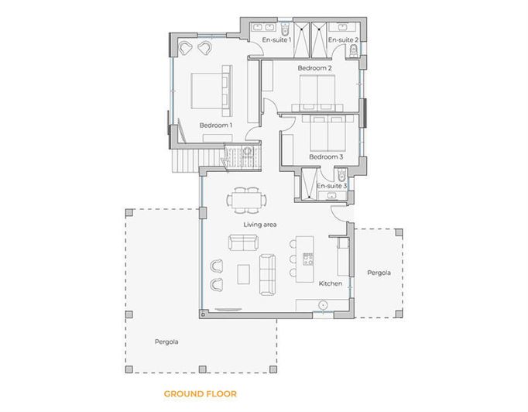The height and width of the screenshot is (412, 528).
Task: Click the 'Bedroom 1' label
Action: [x=215, y=125]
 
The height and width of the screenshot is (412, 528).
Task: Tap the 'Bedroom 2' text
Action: [x=315, y=68]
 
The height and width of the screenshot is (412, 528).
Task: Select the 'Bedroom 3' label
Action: [x=326, y=157]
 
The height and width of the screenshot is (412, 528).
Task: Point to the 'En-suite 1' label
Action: [x=277, y=39]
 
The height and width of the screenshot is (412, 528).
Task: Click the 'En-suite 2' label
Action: [x=342, y=39]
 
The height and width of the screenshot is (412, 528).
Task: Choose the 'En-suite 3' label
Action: [x=332, y=186]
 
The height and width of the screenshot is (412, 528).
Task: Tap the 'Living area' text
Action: [x=260, y=225]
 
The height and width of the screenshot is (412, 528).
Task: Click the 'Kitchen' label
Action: [x=331, y=283]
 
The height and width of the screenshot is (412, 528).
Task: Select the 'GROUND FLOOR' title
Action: [x=200, y=393]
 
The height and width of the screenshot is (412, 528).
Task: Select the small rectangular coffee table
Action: [x=244, y=274]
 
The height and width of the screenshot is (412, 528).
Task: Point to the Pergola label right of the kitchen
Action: [x=379, y=273]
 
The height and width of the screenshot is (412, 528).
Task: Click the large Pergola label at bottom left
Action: [x=166, y=340]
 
